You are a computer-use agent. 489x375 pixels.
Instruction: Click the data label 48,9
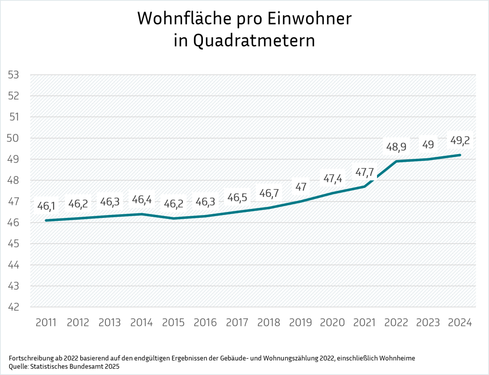pyautogui.click(x=396, y=147)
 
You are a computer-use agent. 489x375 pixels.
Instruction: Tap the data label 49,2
pyautogui.click(x=460, y=140)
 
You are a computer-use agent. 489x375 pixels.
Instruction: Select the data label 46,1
pyautogui.click(x=46, y=206)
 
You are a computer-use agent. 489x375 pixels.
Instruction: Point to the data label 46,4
pyautogui.click(x=142, y=200)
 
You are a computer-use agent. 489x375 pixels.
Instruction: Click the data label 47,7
pyautogui.click(x=364, y=172)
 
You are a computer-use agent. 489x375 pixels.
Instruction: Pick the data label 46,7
pyautogui.click(x=269, y=194)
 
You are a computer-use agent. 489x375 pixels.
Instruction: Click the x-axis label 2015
pyautogui.click(x=173, y=323)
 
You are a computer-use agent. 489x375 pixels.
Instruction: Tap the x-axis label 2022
pyautogui.click(x=396, y=323)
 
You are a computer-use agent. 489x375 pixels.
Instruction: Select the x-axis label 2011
pyautogui.click(x=46, y=323)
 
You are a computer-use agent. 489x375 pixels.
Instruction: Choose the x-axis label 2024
pyautogui.click(x=460, y=323)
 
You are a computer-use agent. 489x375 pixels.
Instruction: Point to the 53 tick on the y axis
pyautogui.click(x=14, y=75)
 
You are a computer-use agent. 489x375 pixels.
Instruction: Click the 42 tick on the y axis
pyautogui.click(x=14, y=307)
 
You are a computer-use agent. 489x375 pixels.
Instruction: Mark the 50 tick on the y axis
pyautogui.click(x=14, y=138)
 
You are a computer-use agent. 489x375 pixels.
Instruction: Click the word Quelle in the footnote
pyautogui.click(x=18, y=367)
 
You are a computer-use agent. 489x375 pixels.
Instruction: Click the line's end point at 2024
pyautogui.click(x=460, y=155)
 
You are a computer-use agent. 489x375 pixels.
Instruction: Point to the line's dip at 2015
pyautogui.click(x=173, y=218)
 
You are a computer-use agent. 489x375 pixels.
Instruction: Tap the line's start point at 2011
pyautogui.click(x=46, y=221)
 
